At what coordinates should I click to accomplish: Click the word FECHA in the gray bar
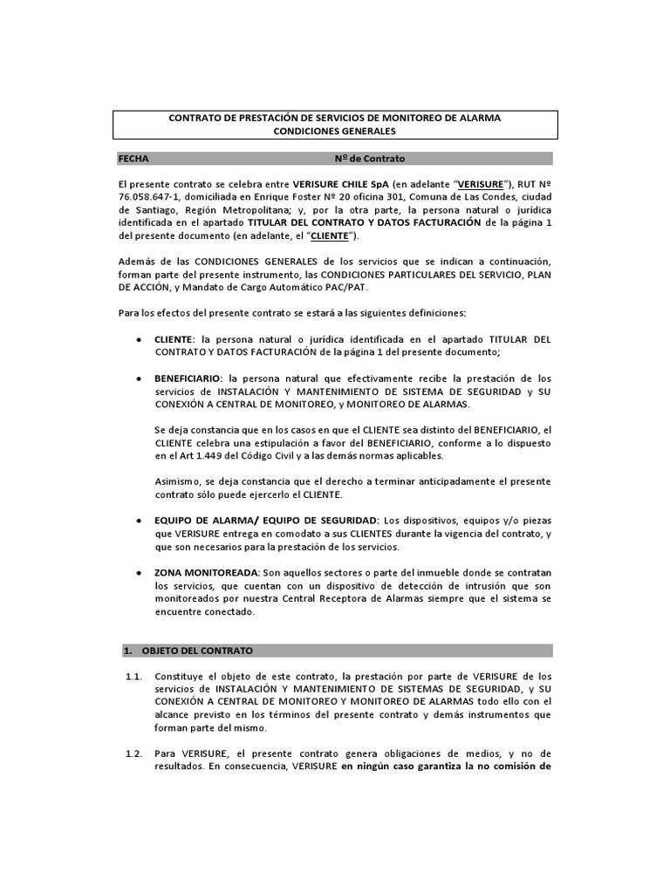tap(133, 159)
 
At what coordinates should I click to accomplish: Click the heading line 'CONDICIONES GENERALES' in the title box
tap(335, 132)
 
